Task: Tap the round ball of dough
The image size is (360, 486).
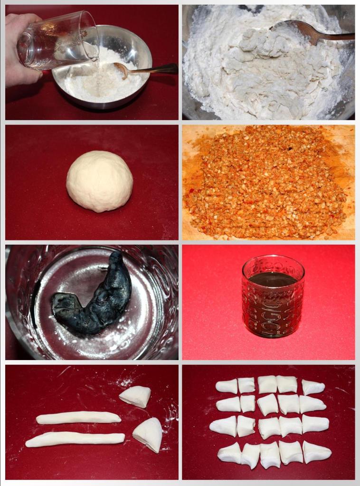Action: click(x=100, y=181)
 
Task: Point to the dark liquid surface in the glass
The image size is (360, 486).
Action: click(x=273, y=279)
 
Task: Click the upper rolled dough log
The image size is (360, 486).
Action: click(x=79, y=417)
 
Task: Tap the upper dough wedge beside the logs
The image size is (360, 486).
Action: click(x=135, y=396)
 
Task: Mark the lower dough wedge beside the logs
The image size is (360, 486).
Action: click(x=148, y=434)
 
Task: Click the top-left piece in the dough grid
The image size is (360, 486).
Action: click(x=227, y=386)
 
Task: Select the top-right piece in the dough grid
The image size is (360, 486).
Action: click(x=313, y=387)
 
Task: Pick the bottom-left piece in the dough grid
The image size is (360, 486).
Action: click(x=229, y=452)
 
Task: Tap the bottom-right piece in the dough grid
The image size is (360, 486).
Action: click(x=317, y=452)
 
